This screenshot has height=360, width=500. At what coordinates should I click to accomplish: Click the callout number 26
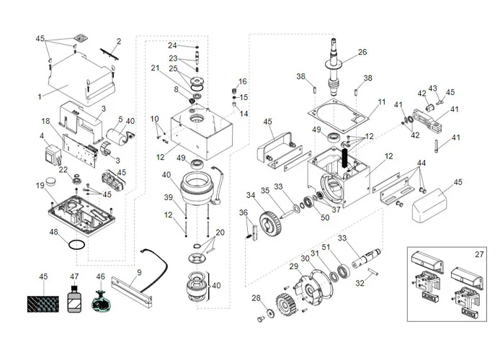(362, 52)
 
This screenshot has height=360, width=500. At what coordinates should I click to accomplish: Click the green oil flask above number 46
(101, 300)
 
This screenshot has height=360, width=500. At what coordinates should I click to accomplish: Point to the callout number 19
(40, 186)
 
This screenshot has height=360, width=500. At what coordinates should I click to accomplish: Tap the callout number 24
(172, 45)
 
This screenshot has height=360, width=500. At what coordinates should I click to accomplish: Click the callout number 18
(45, 121)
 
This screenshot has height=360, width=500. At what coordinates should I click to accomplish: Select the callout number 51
(326, 247)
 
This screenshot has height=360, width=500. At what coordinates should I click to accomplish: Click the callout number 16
(243, 81)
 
